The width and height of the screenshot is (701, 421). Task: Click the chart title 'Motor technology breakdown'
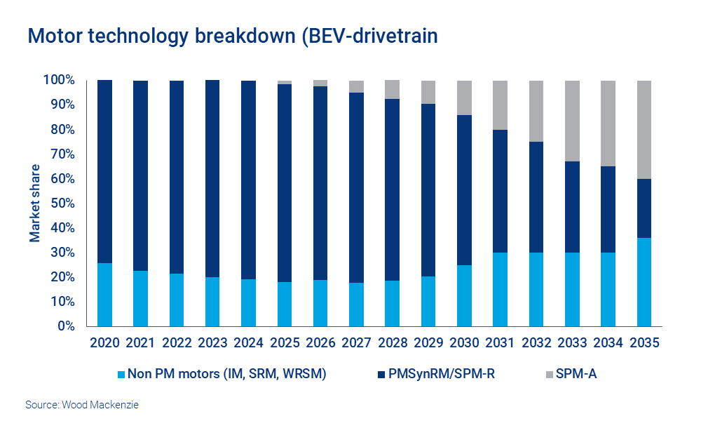point(232,36)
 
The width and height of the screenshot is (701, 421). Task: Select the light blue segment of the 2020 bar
point(104,295)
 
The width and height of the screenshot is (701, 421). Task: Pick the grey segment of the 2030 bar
point(465,98)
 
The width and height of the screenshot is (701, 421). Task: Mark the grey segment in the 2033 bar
point(573,121)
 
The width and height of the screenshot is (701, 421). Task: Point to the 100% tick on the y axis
point(60,81)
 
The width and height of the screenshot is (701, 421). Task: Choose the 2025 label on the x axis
point(285,343)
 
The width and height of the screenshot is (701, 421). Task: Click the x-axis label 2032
point(536,343)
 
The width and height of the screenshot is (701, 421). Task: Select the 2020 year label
point(104,343)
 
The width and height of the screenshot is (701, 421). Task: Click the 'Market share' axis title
point(35,203)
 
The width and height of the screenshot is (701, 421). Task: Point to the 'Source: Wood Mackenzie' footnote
point(82,405)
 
